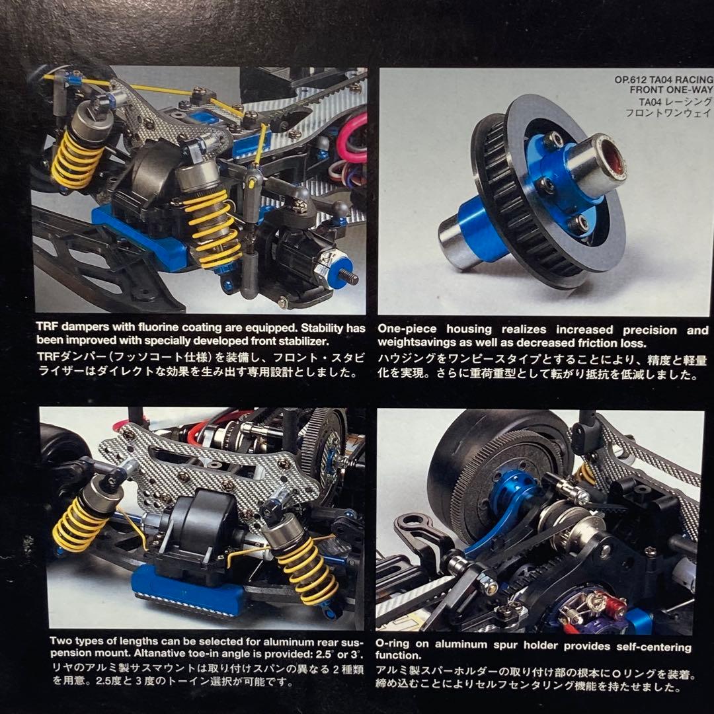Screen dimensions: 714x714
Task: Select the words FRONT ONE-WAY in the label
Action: [x=674, y=91]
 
